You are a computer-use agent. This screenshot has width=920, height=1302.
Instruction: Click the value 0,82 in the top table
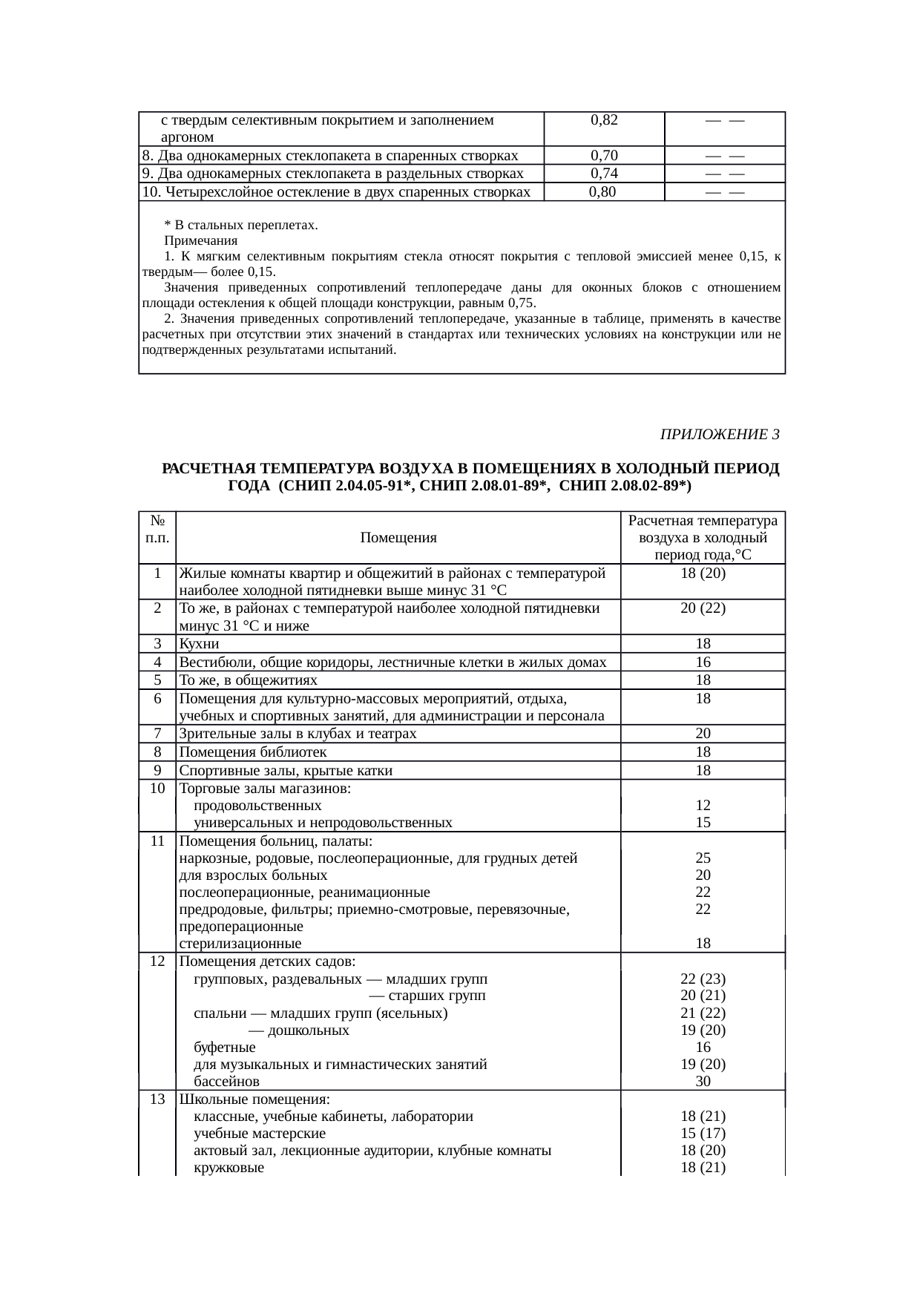pos(604,120)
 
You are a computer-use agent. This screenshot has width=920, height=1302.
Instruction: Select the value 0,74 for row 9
pos(604,174)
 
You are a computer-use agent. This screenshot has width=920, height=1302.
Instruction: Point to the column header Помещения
pos(398,538)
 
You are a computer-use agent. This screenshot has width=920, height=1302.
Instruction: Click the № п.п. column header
pos(157,529)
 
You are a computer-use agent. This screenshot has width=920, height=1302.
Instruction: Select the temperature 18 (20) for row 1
pos(703,573)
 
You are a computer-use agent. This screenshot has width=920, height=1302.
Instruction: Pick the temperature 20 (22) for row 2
pos(703,608)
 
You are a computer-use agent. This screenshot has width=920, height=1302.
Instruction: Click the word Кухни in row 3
pos(199,644)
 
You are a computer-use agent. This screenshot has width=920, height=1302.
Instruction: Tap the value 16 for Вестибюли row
pos(703,662)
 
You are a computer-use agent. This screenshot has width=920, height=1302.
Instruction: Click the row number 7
pos(158,734)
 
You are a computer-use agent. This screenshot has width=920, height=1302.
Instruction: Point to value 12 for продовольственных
pos(703,805)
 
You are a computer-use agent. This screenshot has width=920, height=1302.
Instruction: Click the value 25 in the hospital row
pos(703,858)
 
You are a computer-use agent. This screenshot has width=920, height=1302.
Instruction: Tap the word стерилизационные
pos(240,944)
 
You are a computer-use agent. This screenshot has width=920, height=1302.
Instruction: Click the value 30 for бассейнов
pos(703,1081)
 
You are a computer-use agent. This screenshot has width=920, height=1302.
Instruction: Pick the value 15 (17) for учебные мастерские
pos(703,1134)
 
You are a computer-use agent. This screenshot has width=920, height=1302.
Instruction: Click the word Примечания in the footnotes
pos(200,241)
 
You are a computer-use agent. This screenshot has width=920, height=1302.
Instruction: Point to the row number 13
pos(157,1099)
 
